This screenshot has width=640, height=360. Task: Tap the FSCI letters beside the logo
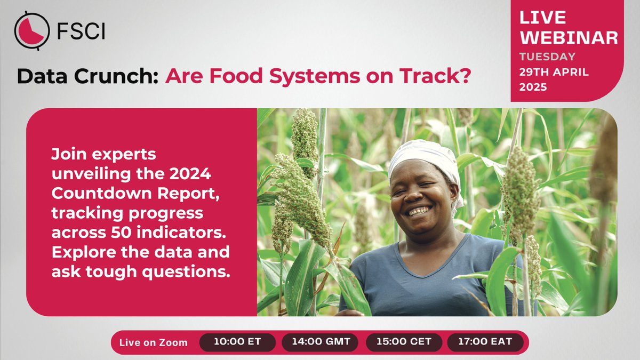click(x=80, y=31)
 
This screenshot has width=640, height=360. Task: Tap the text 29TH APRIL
click(x=554, y=72)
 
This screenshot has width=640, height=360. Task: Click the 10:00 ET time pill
click(x=237, y=342)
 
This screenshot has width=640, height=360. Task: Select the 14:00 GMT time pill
click(x=320, y=342)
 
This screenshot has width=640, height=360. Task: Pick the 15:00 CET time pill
click(x=404, y=342)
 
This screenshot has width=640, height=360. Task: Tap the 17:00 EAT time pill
click(x=485, y=342)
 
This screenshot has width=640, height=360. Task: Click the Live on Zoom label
click(x=154, y=342)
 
